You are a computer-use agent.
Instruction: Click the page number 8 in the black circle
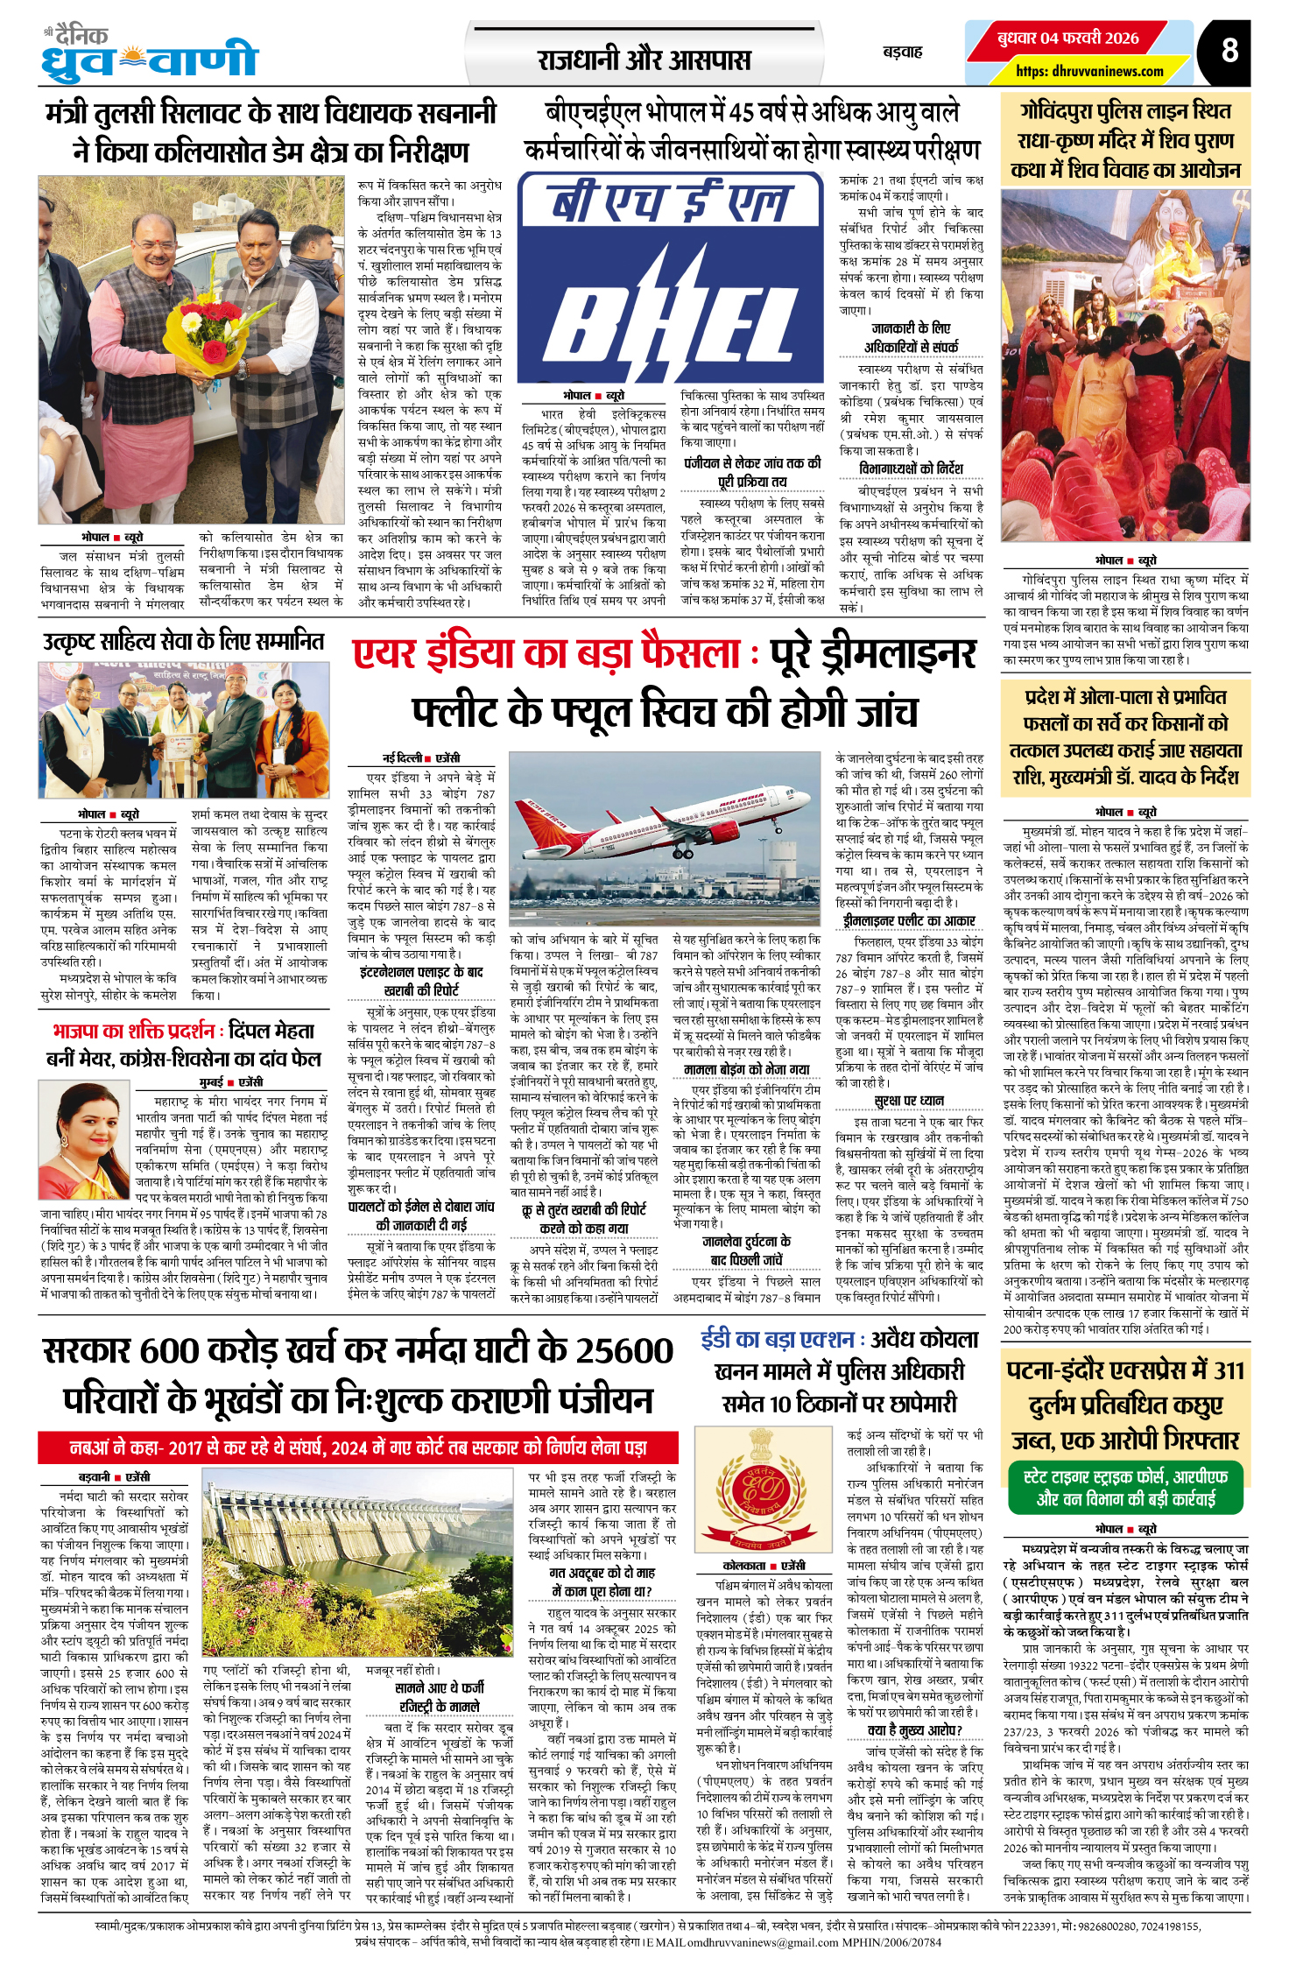[1229, 51]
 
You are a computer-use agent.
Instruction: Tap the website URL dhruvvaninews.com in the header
[1089, 72]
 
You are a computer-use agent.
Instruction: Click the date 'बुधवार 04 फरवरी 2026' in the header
[1067, 39]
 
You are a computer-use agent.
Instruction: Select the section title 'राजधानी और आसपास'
[644, 60]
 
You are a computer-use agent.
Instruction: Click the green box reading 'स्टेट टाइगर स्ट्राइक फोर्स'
[1125, 1488]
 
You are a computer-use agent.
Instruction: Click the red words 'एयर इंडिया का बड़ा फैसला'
[547, 655]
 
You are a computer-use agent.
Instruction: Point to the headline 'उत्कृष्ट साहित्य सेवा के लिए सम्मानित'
[183, 642]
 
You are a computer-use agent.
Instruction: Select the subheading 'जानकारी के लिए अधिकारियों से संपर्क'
[911, 337]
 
